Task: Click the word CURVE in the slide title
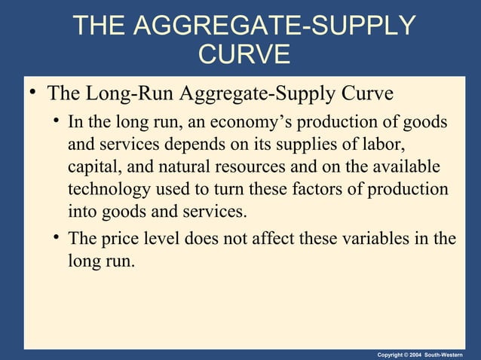(242, 55)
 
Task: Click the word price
(116, 239)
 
